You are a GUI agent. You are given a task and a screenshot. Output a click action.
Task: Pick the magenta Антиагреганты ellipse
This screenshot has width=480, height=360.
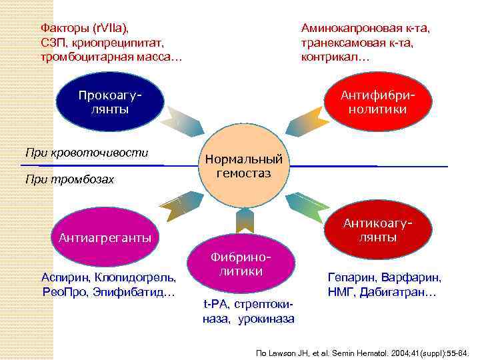(x=105, y=237)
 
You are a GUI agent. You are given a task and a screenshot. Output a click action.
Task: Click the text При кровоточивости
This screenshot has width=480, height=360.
(x=87, y=153)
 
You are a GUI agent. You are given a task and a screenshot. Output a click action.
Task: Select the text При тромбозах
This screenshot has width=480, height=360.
(x=69, y=179)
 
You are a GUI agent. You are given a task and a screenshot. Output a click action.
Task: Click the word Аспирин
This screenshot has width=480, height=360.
(x=65, y=277)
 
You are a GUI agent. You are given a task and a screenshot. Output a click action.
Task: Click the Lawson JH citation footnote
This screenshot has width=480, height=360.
(x=363, y=351)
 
